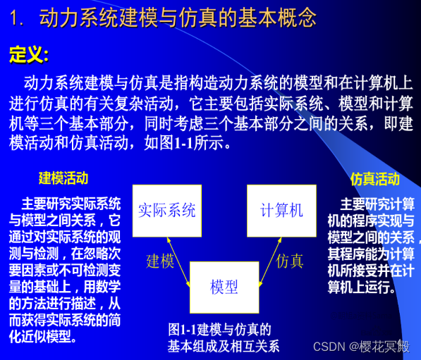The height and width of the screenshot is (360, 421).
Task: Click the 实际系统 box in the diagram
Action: click(166, 210)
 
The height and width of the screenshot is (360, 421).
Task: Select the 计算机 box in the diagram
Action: click(281, 210)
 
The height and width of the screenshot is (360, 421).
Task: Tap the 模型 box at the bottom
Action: click(224, 287)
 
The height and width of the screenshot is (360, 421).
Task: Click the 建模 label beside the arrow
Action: click(160, 261)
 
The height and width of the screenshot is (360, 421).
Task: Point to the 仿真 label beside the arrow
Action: click(290, 261)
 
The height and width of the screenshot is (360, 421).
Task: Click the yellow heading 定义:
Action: click(29, 54)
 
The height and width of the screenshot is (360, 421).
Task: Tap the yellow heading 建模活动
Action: click(63, 178)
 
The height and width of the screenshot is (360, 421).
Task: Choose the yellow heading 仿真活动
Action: click(374, 179)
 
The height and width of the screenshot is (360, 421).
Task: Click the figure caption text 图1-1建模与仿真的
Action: click(219, 329)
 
